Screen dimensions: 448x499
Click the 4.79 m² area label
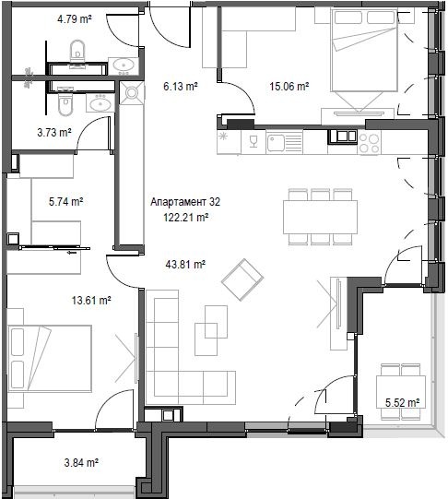75,19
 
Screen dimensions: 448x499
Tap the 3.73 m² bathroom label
54,133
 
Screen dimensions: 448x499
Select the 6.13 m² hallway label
181,86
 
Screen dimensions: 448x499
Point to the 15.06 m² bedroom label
289,86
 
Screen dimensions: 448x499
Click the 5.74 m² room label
66,201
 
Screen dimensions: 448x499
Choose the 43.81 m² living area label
185,264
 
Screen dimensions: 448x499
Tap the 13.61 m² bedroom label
91,300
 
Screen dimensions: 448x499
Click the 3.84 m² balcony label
81,462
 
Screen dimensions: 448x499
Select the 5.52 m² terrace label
402,403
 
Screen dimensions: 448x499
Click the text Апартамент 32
185,202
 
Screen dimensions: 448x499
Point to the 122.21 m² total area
186,218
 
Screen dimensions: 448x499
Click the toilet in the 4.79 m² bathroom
77,52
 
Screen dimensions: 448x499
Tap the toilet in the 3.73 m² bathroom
65,103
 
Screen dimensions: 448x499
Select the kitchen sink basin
276,143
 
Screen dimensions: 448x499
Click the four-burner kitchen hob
369,143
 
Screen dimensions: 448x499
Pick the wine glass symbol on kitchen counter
253,142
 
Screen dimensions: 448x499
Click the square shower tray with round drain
132,92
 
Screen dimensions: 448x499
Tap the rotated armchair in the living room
242,279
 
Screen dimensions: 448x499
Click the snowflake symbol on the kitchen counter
223,137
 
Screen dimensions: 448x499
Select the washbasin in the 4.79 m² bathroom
124,65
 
